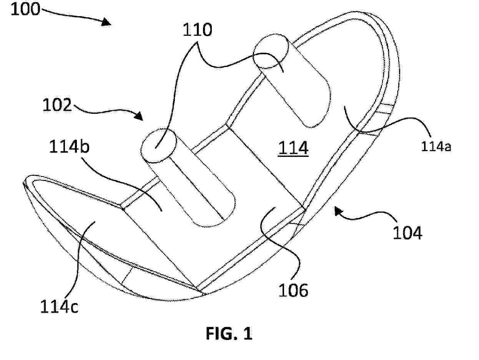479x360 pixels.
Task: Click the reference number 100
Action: (x=25, y=9)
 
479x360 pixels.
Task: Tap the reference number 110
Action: (x=197, y=30)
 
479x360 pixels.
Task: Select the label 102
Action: (x=57, y=105)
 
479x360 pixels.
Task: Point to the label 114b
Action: (x=70, y=146)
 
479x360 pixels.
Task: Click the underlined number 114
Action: (x=293, y=148)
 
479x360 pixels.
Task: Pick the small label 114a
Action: (x=436, y=146)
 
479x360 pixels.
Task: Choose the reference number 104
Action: (x=407, y=233)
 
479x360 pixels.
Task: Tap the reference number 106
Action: (x=293, y=290)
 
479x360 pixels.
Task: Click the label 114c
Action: (x=59, y=307)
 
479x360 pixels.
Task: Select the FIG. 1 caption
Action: (x=229, y=333)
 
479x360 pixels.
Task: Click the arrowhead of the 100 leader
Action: (x=106, y=22)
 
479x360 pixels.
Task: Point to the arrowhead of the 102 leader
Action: (x=139, y=116)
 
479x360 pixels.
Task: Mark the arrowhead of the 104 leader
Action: (x=339, y=212)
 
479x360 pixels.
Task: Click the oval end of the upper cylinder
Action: (x=271, y=51)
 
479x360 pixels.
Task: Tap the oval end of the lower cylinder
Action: (x=158, y=146)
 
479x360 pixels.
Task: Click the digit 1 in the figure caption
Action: (x=248, y=333)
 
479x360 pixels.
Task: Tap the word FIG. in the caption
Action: (x=221, y=333)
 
